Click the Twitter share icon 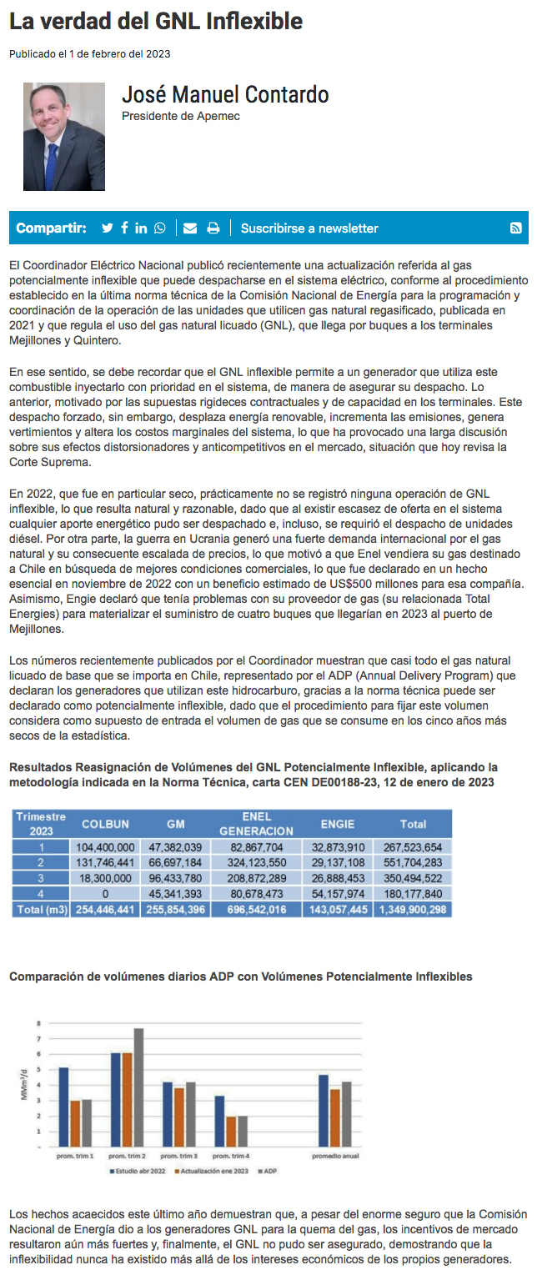pyautogui.click(x=107, y=228)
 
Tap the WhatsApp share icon pyautogui.click(x=159, y=228)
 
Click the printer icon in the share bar pyautogui.click(x=213, y=228)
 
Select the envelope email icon pyautogui.click(x=190, y=228)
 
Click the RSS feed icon pyautogui.click(x=516, y=228)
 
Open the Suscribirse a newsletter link pyautogui.click(x=309, y=228)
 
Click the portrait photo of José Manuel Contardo pyautogui.click(x=64, y=137)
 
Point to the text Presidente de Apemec pyautogui.click(x=181, y=116)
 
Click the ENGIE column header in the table pyautogui.click(x=339, y=824)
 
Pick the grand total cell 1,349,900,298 pyautogui.click(x=413, y=910)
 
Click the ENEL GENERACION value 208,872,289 pyautogui.click(x=257, y=878)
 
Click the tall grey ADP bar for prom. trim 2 pyautogui.click(x=138, y=1088)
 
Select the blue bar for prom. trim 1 pyautogui.click(x=63, y=1107)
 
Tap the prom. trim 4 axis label pyautogui.click(x=230, y=1157)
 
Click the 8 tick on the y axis pyautogui.click(x=38, y=1022)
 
